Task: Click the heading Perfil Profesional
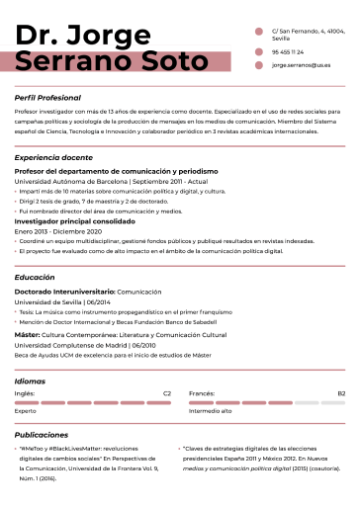tap(47, 99)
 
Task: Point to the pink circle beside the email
tap(259, 65)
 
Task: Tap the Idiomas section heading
tap(31, 381)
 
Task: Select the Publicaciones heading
tap(42, 434)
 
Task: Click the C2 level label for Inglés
tap(166, 393)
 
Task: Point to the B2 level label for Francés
tap(340, 393)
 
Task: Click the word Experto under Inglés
tap(26, 411)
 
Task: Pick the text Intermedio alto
tap(210, 411)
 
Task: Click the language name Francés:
tap(202, 393)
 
